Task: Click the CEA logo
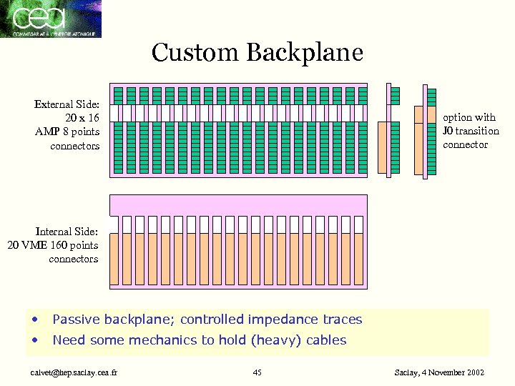(51, 19)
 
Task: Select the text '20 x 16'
(82, 118)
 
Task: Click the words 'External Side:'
(67, 104)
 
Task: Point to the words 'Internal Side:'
(67, 232)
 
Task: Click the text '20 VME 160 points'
(52, 245)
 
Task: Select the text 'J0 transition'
(471, 131)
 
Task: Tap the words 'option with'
(469, 117)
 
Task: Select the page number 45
(257, 372)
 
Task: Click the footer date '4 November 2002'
(458, 372)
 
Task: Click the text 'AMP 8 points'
(67, 132)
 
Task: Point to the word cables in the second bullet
(326, 340)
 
